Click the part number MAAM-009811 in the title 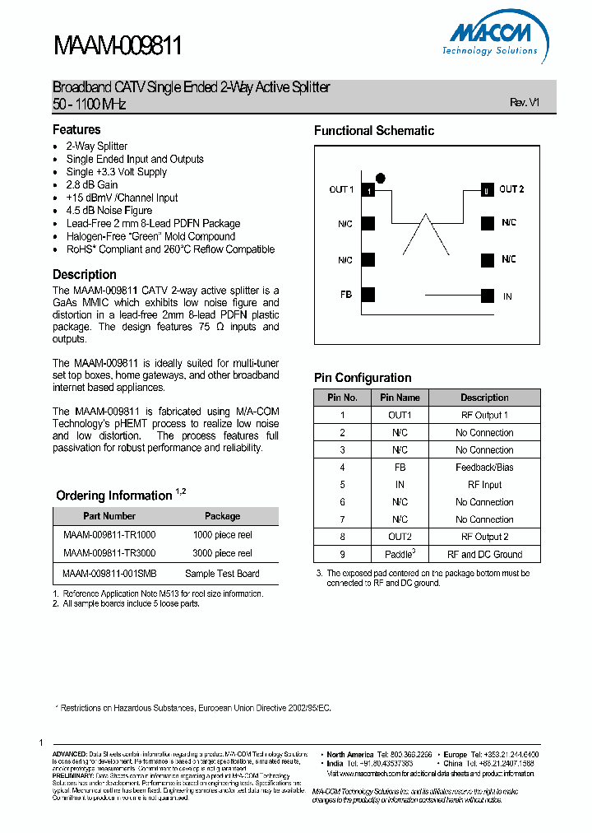pos(117,46)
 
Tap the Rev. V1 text pos(524,103)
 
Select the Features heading pos(76,129)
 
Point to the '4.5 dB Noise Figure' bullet pos(109,211)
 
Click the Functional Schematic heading pos(374,131)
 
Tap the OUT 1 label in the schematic pos(341,190)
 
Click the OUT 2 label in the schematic pos(511,189)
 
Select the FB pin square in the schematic pos(368,296)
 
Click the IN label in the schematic pos(507,296)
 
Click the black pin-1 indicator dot pos(380,177)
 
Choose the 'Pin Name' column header pos(400,398)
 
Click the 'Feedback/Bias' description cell pos(484,468)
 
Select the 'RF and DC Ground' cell pos(484,555)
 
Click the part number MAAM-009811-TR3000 pos(109,553)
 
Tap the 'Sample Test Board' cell pos(222,574)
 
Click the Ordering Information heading pos(114,496)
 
